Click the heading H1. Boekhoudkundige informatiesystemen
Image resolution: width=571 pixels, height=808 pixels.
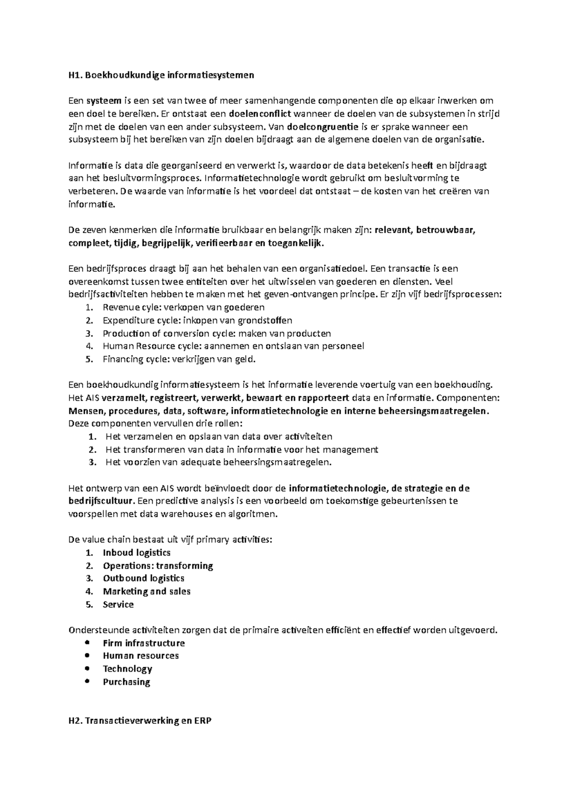pos(161,75)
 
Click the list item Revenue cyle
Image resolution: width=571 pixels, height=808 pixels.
pos(183,307)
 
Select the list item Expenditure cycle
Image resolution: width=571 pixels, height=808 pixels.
pos(197,320)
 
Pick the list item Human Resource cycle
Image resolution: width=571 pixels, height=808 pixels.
pos(233,346)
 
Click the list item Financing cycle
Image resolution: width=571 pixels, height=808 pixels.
pos(179,359)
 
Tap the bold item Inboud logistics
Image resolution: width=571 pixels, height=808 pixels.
pos(137,552)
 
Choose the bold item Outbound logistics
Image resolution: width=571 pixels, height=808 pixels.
pos(143,578)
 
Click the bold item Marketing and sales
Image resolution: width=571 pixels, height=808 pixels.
pos(147,591)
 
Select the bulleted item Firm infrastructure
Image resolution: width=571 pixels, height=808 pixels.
pos(144,643)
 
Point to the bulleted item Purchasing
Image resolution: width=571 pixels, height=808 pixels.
pos(126,681)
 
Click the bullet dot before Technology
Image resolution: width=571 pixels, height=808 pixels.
pos(86,668)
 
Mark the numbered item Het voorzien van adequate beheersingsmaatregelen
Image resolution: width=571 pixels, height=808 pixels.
pos(218,462)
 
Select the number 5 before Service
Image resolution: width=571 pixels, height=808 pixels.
pos(88,604)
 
